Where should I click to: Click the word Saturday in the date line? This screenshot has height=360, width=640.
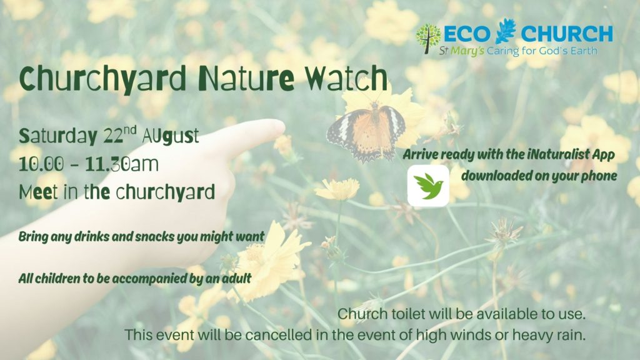pos(57,136)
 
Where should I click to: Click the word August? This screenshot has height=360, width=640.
pos(171,136)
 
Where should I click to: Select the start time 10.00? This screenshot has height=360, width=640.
pos(41,164)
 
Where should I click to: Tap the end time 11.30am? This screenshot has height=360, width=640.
pos(122,164)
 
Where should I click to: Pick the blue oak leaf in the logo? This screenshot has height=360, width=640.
pos(506,31)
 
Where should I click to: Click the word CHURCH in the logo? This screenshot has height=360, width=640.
pos(566,34)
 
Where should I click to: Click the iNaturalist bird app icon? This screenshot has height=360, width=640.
pos(428,186)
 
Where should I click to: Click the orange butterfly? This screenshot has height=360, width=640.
pos(366,131)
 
